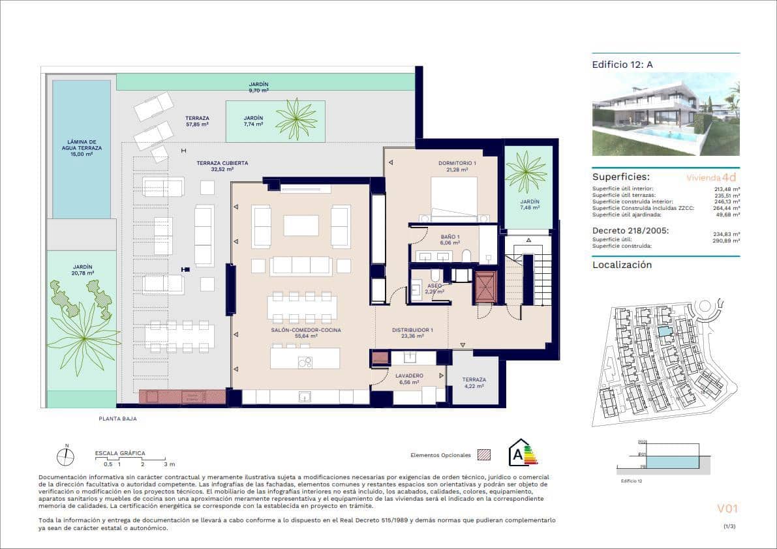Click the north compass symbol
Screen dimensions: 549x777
click(x=65, y=457)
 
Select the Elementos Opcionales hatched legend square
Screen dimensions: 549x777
click(x=483, y=454)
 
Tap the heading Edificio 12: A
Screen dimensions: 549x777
click(x=622, y=64)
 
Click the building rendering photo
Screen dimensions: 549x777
click(x=665, y=113)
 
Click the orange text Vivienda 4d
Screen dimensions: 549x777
click(x=712, y=177)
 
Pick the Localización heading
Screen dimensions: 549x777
click(x=622, y=265)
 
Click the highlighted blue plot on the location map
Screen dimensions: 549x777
click(x=663, y=332)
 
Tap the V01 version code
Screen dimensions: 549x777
click(x=727, y=509)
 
